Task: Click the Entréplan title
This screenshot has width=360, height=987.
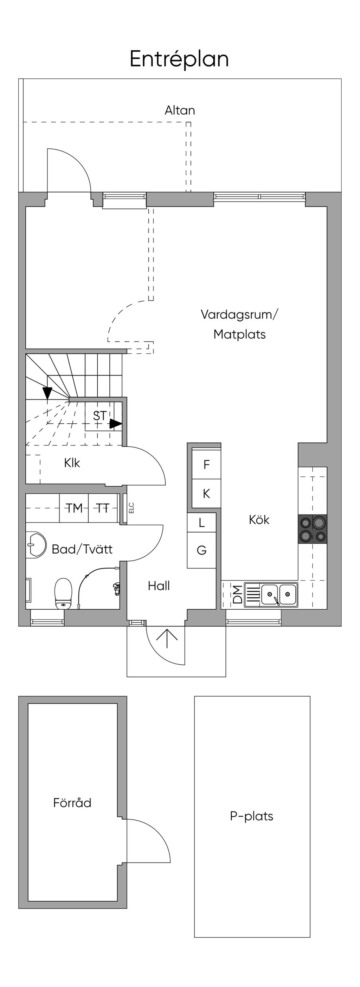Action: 179,59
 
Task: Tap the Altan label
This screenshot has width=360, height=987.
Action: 180,110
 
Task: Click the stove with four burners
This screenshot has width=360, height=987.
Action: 313,529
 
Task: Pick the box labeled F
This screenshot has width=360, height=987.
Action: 206,465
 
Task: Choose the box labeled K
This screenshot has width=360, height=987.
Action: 206,494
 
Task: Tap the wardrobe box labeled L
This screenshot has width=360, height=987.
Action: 201,523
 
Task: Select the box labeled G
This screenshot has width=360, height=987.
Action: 201,550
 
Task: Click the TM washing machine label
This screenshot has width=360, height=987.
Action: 74,508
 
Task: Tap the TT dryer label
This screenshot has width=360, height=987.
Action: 103,508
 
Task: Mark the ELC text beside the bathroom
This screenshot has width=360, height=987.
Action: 131,508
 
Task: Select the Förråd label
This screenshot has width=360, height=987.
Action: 72,803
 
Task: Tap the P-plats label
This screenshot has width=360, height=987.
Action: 251,816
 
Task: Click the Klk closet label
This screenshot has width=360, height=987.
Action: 72,463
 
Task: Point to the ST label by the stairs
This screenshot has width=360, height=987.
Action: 99,416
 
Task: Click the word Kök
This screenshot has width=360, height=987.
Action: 259,520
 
